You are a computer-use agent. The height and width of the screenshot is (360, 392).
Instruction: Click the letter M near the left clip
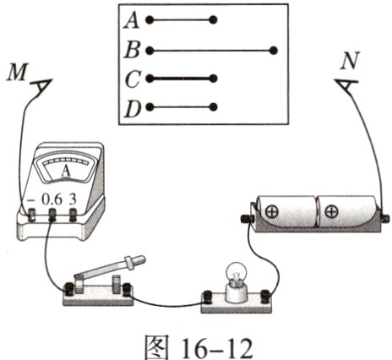18,72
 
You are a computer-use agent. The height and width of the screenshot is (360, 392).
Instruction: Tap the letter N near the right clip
349,61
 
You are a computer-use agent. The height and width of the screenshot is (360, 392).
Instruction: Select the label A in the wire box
132,21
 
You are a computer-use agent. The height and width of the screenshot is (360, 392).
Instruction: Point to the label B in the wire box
132,51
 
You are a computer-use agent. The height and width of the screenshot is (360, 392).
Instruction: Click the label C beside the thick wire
132,79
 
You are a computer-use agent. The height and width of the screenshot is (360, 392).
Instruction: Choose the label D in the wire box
133,109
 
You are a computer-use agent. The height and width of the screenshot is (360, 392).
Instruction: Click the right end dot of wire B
273,51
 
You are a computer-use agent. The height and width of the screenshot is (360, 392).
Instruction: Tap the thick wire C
182,79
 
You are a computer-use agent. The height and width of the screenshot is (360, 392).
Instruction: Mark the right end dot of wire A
213,20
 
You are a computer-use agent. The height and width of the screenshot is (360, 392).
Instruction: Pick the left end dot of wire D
150,107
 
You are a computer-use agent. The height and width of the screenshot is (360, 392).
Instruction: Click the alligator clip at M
41,87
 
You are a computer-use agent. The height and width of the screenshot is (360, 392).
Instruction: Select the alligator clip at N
346,85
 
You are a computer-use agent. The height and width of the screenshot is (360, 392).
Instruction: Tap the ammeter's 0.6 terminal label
52,199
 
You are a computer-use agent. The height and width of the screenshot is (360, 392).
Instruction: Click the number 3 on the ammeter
73,199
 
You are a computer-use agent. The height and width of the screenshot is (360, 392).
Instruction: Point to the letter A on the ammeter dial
66,171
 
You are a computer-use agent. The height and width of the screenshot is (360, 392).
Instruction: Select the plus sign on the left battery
272,212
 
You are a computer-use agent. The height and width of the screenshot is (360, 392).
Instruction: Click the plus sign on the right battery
331,211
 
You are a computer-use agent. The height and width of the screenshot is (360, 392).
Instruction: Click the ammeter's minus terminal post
30,215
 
